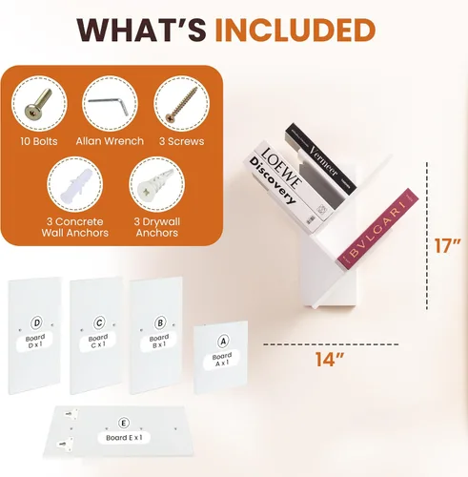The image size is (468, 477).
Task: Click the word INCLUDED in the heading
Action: coord(295,31)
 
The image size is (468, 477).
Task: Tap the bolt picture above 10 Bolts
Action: coord(38,104)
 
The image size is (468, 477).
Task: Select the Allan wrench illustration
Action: coord(109,104)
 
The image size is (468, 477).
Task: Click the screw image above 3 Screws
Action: coord(181,104)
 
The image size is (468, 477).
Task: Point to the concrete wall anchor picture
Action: coord(75,185)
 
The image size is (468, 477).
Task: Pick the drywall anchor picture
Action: coord(156,185)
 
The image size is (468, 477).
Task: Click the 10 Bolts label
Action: coord(39,141)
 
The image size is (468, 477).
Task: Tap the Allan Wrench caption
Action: coord(110,141)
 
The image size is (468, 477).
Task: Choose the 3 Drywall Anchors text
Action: coord(157,227)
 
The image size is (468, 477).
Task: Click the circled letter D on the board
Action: coord(37,323)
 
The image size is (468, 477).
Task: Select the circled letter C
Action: coord(99,323)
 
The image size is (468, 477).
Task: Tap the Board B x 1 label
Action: coord(159,341)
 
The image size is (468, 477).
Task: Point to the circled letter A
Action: coord(223,342)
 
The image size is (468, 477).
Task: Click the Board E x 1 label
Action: coord(124,438)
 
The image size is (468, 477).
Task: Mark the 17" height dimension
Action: coord(447,245)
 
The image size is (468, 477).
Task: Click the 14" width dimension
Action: coord(330,360)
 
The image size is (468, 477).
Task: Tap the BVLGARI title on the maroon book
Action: coord(377,229)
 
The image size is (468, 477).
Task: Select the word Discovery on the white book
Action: coord(273,180)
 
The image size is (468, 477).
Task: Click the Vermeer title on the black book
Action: coord(323,160)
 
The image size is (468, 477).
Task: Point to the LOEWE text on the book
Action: coord(281,168)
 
